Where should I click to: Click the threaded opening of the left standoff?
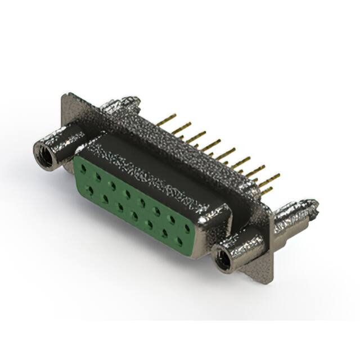44,154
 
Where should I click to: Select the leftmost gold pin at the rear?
163,119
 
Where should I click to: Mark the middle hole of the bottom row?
134,214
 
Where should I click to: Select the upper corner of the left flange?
66,97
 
